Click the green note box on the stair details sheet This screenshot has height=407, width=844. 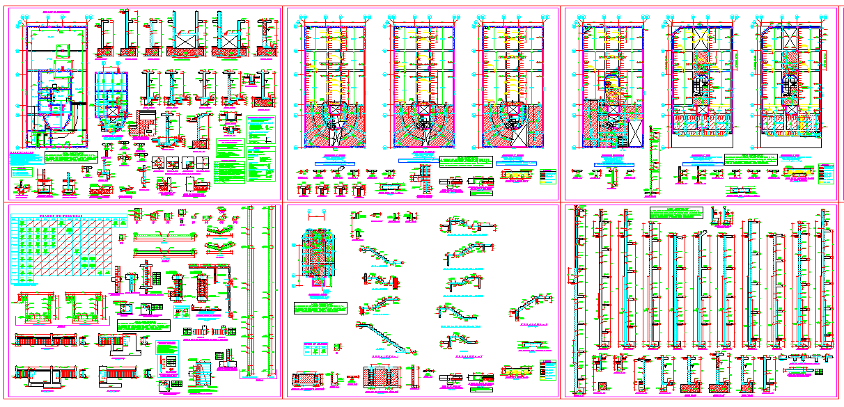tap(319, 309)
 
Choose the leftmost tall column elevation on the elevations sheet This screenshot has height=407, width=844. tap(576, 299)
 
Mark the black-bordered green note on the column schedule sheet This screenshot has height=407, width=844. tap(143, 326)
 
